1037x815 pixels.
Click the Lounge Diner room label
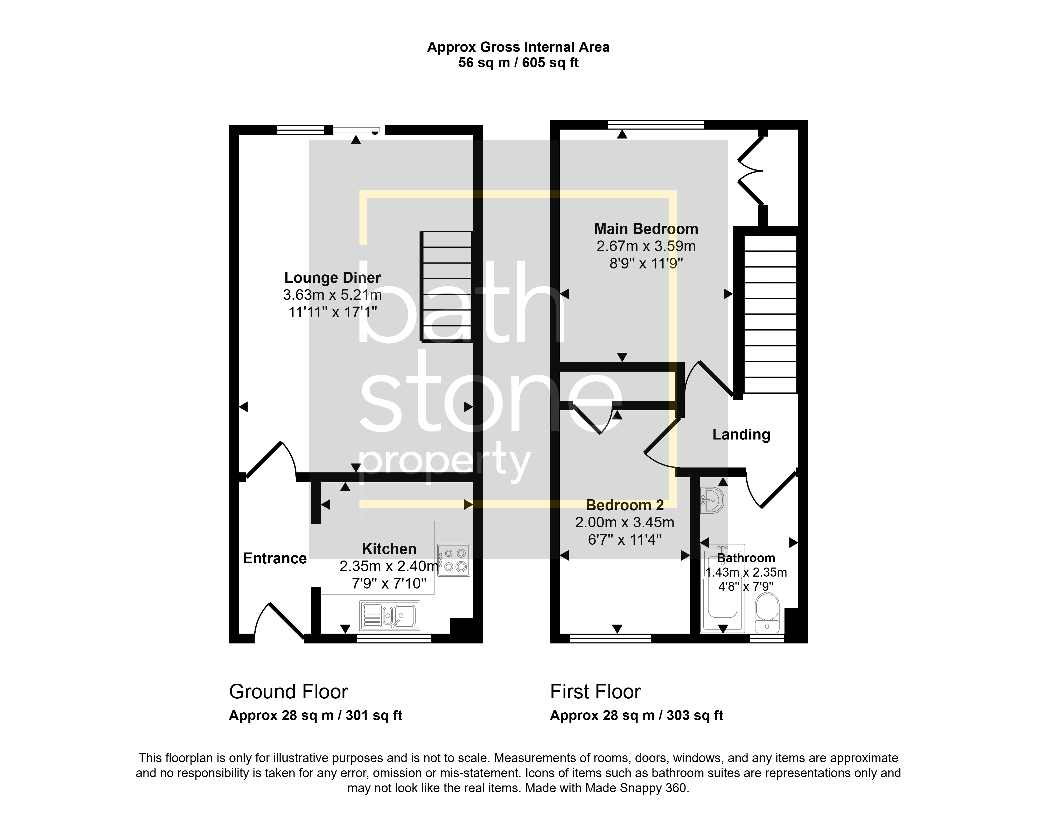[333, 278]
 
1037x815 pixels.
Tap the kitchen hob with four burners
[454, 560]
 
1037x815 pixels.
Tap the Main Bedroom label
[646, 229]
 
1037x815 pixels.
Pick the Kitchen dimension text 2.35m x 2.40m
[389, 566]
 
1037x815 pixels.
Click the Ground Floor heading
[288, 692]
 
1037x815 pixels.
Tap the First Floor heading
[595, 692]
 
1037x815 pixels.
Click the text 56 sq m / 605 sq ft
[518, 63]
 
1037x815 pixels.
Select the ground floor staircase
[446, 286]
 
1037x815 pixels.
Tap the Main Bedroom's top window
[656, 125]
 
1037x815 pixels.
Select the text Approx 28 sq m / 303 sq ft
[636, 716]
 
